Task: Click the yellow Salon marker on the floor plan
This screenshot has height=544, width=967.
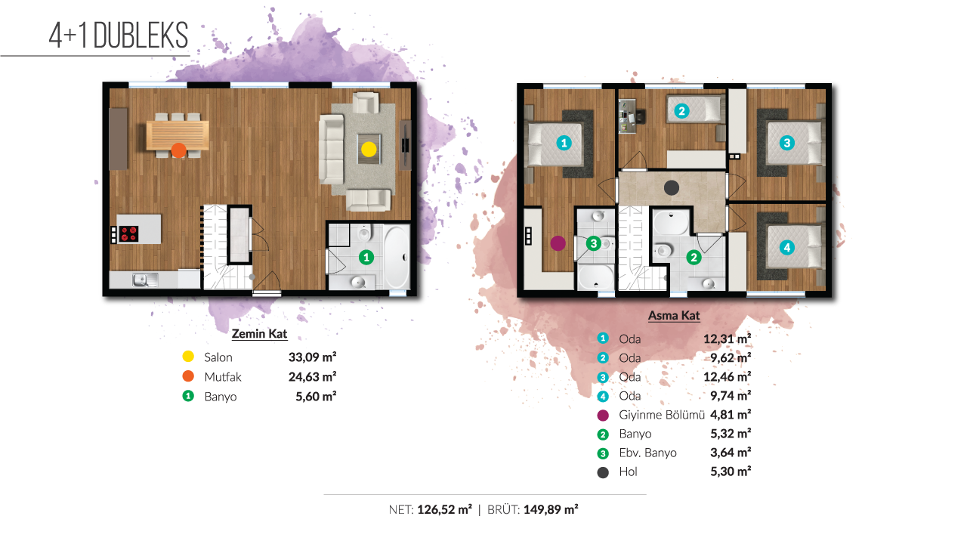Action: click(369, 150)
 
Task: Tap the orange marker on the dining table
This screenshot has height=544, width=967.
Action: click(179, 150)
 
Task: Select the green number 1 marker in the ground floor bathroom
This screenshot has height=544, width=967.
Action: click(366, 258)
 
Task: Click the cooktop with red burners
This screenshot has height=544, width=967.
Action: click(128, 234)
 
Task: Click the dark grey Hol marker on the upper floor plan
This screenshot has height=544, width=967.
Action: click(672, 188)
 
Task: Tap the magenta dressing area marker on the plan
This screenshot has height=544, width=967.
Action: click(558, 243)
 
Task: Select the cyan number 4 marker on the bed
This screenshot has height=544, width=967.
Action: click(786, 247)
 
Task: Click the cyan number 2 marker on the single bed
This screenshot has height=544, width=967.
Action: click(681, 111)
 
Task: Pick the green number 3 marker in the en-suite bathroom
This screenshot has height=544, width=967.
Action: click(594, 243)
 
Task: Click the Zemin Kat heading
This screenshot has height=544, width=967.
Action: click(259, 334)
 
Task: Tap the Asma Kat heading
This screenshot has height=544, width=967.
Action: click(674, 316)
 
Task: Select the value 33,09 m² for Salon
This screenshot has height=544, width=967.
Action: click(312, 357)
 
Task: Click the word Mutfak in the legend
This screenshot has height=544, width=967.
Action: click(223, 377)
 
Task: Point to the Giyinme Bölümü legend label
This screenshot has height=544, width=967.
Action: click(661, 415)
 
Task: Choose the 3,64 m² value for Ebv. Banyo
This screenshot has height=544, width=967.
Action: click(731, 453)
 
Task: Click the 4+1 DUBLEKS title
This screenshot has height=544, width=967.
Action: click(119, 36)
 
